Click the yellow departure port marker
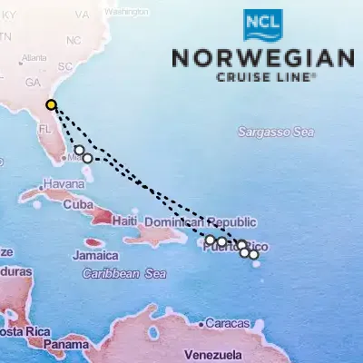[x=52, y=104]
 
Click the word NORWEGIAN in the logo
[x=263, y=57]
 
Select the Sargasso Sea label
[x=275, y=132]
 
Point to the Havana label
[x=63, y=184]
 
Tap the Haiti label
[x=123, y=221]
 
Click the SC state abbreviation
[x=64, y=67]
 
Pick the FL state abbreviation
[x=45, y=129]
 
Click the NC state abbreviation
[x=74, y=42]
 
